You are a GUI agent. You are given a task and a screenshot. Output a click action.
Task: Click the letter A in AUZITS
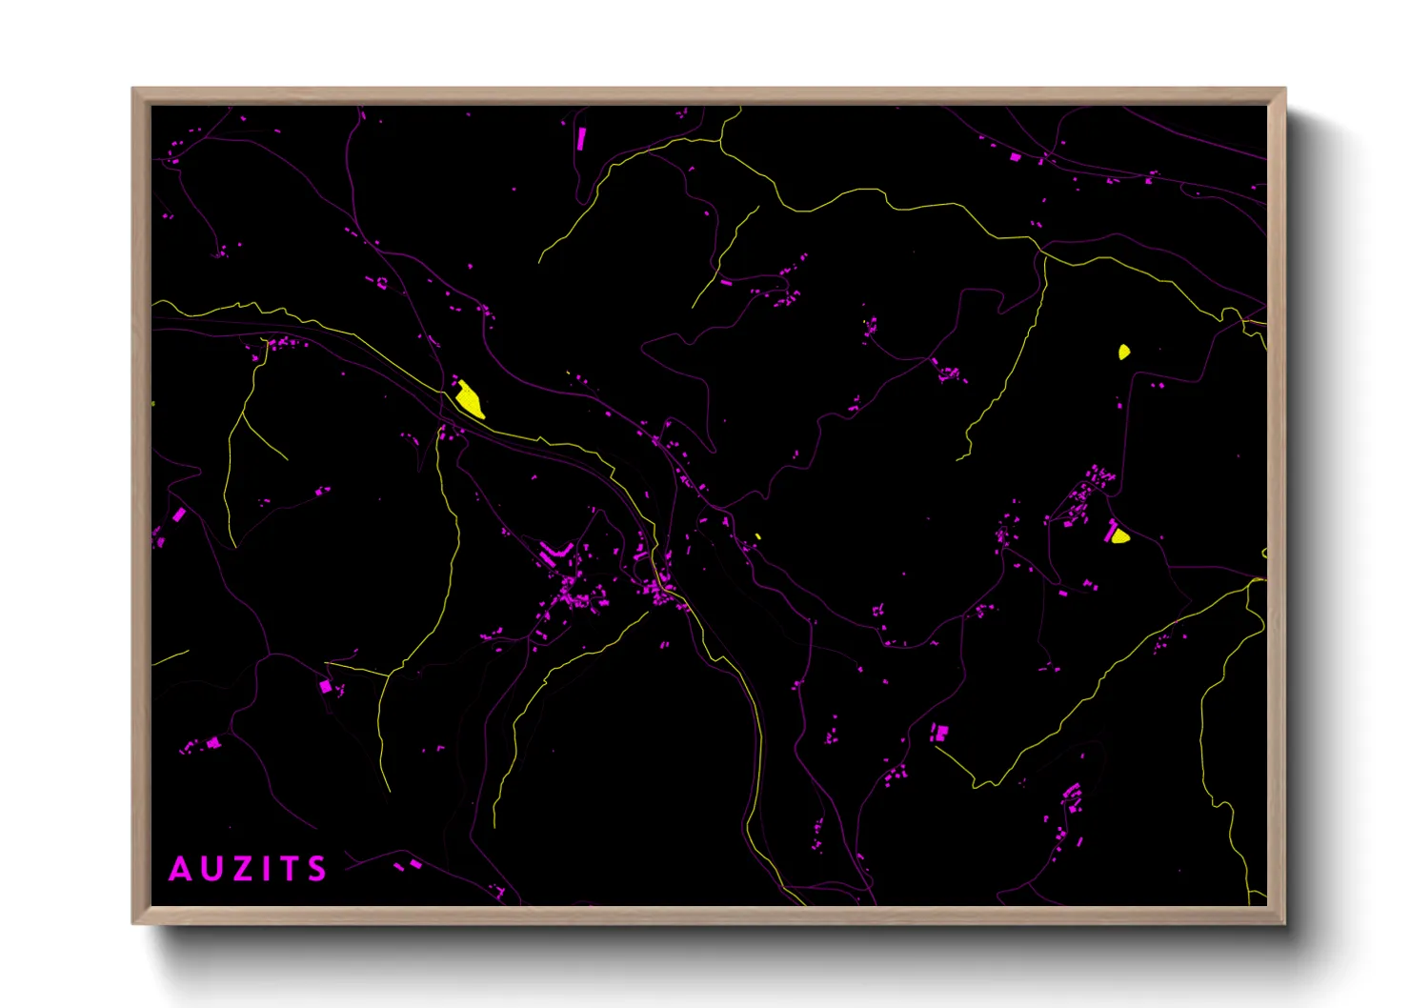[x=179, y=869]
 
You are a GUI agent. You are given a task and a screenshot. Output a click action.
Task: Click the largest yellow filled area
[x=470, y=399]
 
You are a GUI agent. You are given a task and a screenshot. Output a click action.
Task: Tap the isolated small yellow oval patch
[x=1124, y=352]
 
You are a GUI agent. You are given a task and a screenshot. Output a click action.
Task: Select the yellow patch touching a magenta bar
[x=1120, y=537]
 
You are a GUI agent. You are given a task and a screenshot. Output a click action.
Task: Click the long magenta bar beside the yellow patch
[x=1110, y=530]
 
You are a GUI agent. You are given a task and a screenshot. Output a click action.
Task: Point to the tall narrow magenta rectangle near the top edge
[x=581, y=139]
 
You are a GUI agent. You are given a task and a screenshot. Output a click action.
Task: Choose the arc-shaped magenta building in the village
[x=554, y=552]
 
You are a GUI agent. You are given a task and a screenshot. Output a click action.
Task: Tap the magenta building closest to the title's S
[x=414, y=863]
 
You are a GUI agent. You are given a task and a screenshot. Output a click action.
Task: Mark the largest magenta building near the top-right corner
[x=1016, y=157]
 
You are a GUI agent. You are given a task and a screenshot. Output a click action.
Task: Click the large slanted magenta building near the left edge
[x=179, y=514]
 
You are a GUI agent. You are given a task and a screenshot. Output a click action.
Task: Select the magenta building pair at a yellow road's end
[x=940, y=732]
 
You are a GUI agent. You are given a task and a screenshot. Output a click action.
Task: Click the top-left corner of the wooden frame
[x=133, y=90]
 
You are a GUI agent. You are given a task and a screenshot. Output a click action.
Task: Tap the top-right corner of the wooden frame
[x=1284, y=90]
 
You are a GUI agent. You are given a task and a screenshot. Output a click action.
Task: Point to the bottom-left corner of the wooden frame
[x=133, y=922]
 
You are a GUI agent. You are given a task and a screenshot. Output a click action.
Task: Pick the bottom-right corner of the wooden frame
[x=1284, y=922]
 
